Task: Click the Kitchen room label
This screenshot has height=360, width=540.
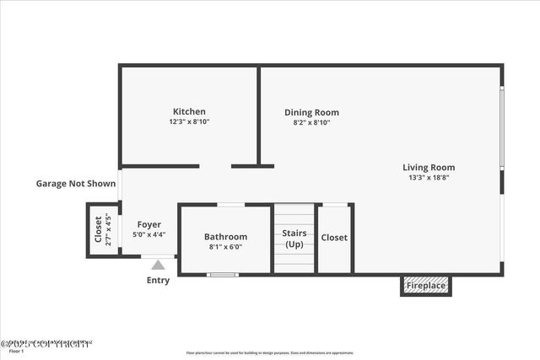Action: click(189, 111)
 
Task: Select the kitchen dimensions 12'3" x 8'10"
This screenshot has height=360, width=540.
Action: click(189, 122)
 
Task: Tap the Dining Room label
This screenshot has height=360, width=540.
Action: click(311, 112)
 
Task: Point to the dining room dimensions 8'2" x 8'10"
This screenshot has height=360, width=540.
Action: click(311, 123)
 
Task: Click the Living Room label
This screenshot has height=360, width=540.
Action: click(429, 167)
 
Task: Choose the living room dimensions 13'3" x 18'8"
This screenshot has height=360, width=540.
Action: click(429, 178)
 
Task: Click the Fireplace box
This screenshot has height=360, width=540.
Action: click(426, 286)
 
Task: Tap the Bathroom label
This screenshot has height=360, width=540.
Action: click(225, 237)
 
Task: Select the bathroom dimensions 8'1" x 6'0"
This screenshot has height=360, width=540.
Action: click(225, 248)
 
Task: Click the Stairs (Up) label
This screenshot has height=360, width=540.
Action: click(294, 239)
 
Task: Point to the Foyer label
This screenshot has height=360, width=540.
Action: click(149, 223)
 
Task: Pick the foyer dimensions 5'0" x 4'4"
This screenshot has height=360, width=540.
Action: click(149, 234)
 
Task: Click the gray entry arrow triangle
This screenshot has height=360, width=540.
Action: click(158, 265)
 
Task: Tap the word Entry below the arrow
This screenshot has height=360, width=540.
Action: click(158, 281)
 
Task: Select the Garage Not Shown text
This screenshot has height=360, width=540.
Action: click(76, 183)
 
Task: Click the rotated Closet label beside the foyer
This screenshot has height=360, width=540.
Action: click(98, 229)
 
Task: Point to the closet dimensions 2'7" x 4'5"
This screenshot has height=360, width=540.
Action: click(108, 229)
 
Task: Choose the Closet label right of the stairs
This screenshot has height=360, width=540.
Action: click(334, 238)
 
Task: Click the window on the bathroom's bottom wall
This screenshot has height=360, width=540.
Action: click(223, 274)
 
